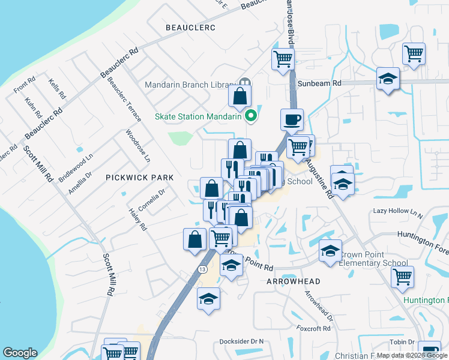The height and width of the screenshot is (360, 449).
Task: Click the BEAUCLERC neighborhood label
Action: tap(190, 28)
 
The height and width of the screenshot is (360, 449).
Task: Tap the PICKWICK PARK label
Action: tap(139, 178)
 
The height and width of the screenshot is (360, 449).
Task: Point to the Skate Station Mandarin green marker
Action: tap(252, 116)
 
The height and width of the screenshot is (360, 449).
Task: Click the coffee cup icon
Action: tap(292, 119)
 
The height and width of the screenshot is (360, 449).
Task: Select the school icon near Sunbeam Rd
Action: tap(388, 79)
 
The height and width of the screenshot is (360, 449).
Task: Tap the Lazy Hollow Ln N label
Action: tap(398, 212)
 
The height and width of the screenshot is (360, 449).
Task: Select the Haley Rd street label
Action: tap(137, 220)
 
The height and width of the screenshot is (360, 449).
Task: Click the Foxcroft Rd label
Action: tap(314, 328)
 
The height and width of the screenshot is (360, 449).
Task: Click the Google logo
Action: tap(20, 353)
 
